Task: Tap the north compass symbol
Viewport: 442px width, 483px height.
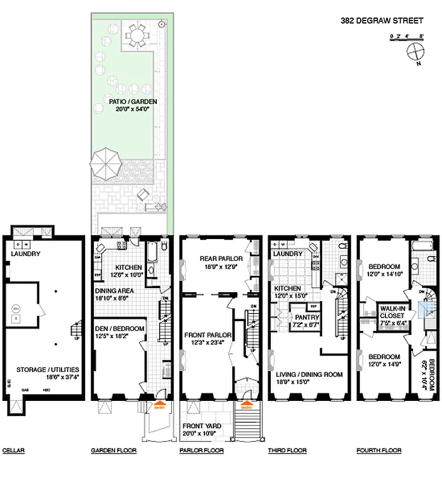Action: click(416, 54)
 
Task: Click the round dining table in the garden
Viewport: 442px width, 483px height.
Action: click(138, 37)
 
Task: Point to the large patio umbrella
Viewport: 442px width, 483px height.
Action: click(106, 162)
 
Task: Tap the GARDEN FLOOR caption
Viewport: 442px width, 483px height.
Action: click(113, 450)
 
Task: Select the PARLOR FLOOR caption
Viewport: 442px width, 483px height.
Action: click(202, 450)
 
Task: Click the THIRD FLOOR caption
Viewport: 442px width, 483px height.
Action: click(287, 450)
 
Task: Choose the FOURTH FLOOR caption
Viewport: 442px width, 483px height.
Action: click(379, 450)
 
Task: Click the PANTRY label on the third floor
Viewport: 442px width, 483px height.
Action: click(306, 318)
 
